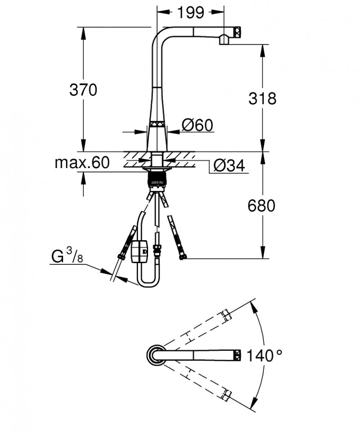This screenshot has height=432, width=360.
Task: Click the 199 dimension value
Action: tap(190, 13)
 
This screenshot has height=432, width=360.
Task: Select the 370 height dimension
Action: tap(83, 90)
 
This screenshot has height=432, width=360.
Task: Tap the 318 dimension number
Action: tap(262, 98)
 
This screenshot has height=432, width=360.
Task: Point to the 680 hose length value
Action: tap(261, 206)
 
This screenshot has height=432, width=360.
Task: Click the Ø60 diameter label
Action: tap(197, 125)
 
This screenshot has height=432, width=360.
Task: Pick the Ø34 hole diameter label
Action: tap(229, 166)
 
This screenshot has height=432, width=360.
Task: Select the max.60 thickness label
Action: tap(82, 163)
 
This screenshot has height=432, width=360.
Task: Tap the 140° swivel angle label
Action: tap(266, 356)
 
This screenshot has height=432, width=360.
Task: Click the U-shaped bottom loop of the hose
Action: tap(148, 283)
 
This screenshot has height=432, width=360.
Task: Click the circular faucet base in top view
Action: tap(156, 355)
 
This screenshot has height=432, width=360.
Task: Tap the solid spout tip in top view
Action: tap(237, 355)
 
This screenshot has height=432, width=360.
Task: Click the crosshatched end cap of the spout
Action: tap(238, 32)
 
